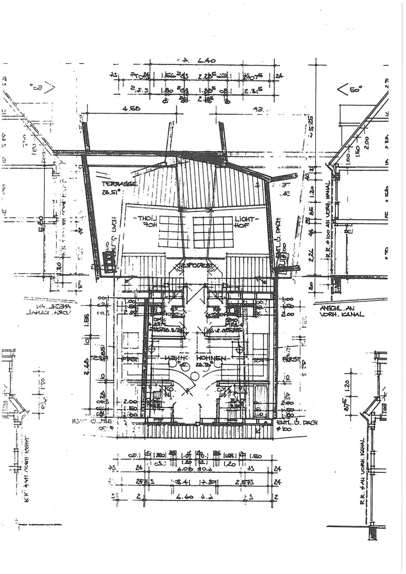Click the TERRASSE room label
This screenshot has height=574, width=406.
coord(120,184)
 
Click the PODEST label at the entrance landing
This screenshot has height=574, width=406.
coord(195,267)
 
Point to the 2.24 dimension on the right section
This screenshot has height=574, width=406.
coord(311,252)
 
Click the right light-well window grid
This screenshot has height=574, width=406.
coord(212,231)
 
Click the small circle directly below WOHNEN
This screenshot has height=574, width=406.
coord(195,376)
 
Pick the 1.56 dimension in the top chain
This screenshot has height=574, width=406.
coord(170,75)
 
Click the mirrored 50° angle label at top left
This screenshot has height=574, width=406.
coord(40,88)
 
